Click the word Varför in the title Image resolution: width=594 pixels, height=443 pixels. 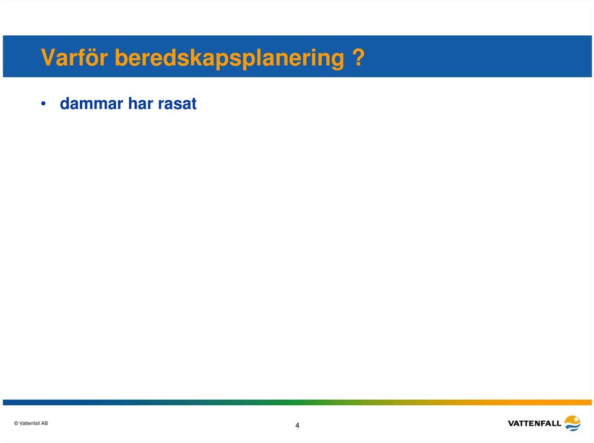tap(74, 58)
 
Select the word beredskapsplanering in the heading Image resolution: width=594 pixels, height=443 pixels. tap(230, 59)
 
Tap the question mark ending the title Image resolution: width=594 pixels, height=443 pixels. tap(358, 57)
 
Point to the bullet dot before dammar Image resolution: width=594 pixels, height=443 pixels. tap(43, 103)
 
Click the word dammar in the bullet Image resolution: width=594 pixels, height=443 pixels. tap(92, 103)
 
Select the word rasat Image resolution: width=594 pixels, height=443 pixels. tap(178, 104)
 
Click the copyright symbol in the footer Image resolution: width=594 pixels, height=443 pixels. tap(16, 423)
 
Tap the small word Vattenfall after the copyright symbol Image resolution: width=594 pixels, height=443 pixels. tap(30, 423)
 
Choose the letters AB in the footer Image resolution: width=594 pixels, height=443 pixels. tap(45, 423)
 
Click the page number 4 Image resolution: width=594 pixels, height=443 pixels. tap(298, 425)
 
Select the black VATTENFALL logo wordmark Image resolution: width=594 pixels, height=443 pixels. tap(534, 423)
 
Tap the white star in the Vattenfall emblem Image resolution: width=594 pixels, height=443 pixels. tap(576, 419)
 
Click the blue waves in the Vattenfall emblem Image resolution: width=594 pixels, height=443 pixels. tap(573, 427)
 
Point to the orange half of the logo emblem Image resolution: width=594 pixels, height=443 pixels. tap(572, 419)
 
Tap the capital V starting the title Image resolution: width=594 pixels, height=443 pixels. tap(48, 58)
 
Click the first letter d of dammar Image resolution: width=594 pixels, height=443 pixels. tap(65, 103)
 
